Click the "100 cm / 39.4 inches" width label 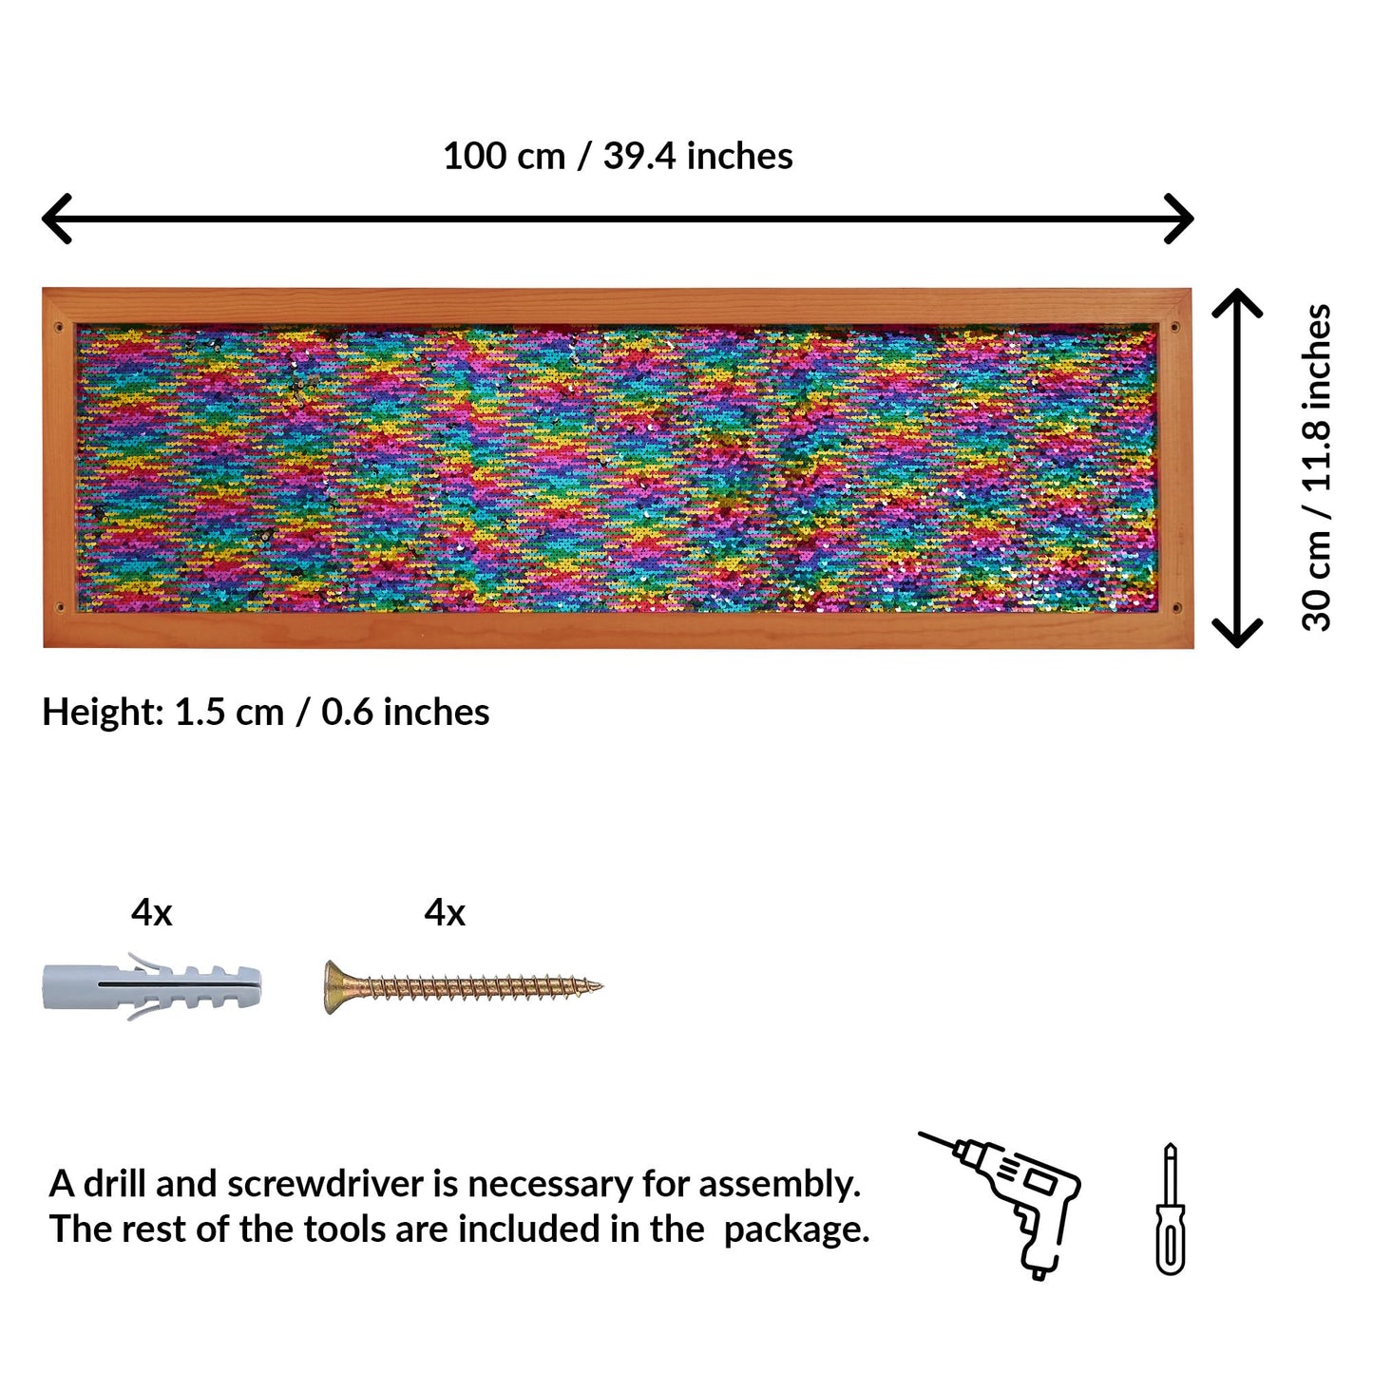coord(618,156)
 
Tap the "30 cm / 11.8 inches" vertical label coord(1316,467)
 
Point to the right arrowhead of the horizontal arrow coord(1179,218)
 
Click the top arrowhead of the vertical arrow coord(1238,302)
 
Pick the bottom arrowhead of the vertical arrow coord(1238,634)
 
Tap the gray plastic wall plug coord(152,986)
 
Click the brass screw coord(464,987)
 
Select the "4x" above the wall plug coord(152,913)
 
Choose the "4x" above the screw coord(445,913)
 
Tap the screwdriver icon coord(1170,1209)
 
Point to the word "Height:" coord(104,713)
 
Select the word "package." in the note coord(796,1230)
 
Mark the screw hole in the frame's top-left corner coord(59,328)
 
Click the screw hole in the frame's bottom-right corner coord(1175,608)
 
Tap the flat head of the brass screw coord(332,987)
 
